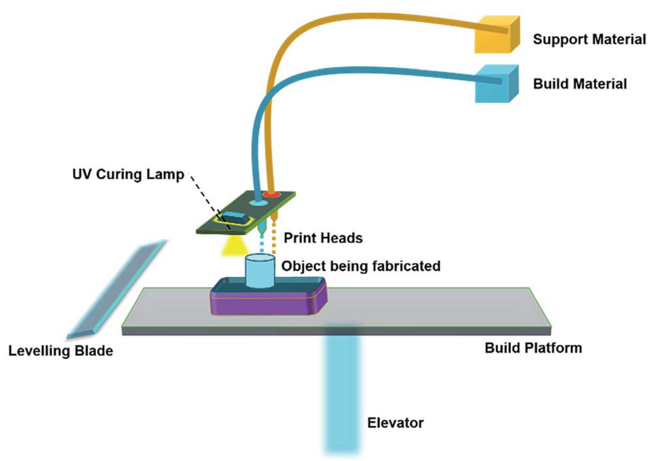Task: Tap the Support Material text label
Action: [x=589, y=39]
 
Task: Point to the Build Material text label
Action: [x=580, y=84]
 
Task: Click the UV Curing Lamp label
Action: [x=128, y=174]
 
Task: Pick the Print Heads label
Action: [x=323, y=238]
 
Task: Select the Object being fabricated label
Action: [x=361, y=266]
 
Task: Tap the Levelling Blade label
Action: [x=60, y=351]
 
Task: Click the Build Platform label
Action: [x=533, y=348]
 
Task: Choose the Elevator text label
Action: [x=395, y=423]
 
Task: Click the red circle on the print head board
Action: [x=271, y=195]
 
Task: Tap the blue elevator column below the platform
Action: [x=342, y=393]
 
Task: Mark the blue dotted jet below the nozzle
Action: [x=262, y=244]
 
